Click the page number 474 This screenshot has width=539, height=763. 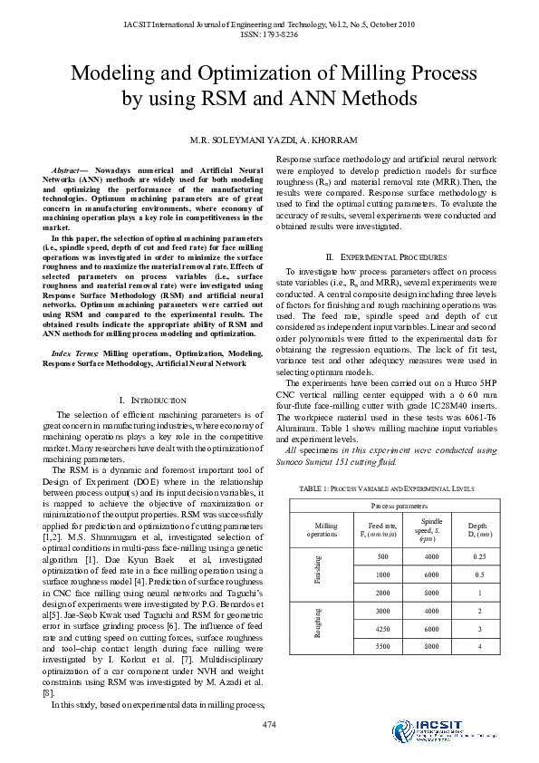pos(268,724)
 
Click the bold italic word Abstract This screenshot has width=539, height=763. pos(69,170)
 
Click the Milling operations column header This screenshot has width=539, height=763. pos(326,529)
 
